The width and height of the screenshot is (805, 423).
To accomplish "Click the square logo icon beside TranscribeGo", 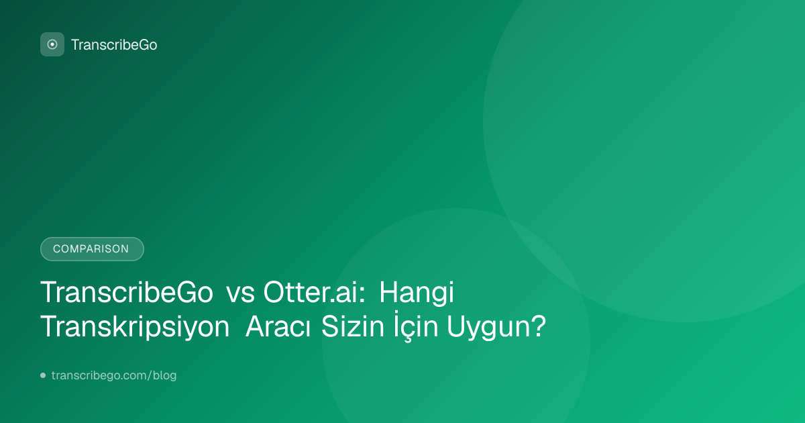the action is point(52,44).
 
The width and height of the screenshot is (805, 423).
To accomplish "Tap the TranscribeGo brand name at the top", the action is point(114,45).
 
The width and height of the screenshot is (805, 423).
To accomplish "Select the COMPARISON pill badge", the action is point(92,249).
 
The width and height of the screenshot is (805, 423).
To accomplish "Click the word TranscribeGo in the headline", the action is point(127,292).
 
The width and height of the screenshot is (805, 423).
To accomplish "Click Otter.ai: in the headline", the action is point(315,292).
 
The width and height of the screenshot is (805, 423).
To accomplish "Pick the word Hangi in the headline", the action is point(417,293).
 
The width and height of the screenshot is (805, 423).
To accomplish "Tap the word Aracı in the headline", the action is point(278,326).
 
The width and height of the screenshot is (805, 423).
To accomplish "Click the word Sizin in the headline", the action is point(353,326).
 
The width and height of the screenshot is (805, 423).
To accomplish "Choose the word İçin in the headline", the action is point(416,326).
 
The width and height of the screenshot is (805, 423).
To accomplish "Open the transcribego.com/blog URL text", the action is point(114,375).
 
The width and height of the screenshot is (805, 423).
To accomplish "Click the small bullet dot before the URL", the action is point(43,375).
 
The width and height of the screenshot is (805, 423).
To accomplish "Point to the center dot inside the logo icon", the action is point(52,44).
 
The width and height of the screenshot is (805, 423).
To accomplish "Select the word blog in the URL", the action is point(164,375).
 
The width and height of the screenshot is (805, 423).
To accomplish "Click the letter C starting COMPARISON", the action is point(56,249).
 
